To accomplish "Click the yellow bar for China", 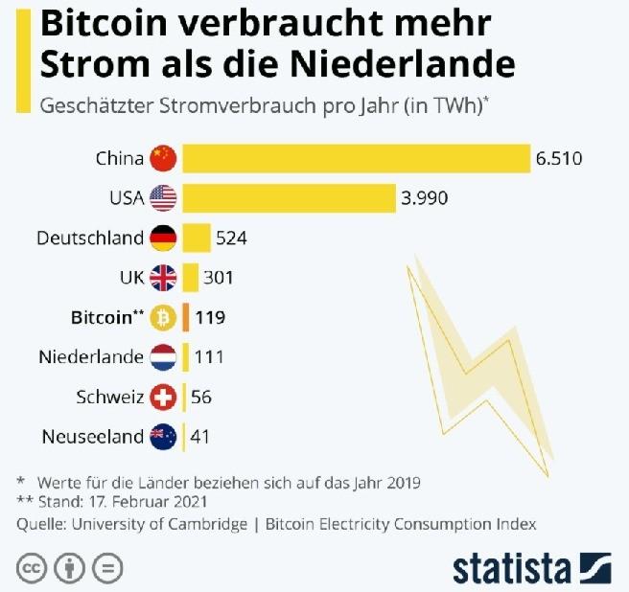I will tap(356, 158).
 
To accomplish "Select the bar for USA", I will tap(289, 198).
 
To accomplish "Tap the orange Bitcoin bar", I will tap(187, 317).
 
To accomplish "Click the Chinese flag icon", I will tap(164, 158).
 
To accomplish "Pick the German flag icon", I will tap(164, 238).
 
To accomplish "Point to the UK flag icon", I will tap(164, 278).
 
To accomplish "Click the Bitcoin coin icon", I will tap(164, 317).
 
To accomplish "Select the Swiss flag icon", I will tap(164, 397).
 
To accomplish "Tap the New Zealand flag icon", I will tap(164, 437).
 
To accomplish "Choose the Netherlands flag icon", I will tap(164, 357).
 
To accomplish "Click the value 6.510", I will tap(559, 158).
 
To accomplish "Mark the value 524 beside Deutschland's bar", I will tap(232, 238).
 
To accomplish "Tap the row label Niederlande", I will tap(91, 357).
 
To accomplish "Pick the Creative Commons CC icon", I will tap(33, 567).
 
